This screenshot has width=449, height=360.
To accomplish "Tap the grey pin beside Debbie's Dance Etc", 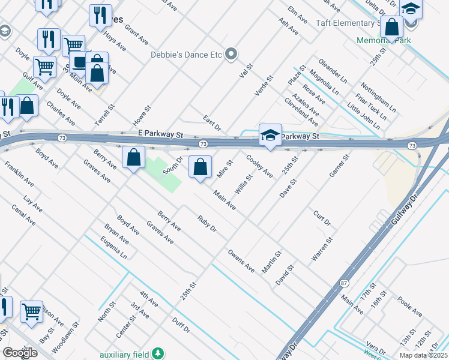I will pyautogui.click(x=231, y=55).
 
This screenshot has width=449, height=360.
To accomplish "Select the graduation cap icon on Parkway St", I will pyautogui.click(x=270, y=135).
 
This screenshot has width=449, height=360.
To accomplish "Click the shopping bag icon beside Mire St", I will pyautogui.click(x=200, y=167).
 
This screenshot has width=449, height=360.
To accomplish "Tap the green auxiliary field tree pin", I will pyautogui.click(x=158, y=353).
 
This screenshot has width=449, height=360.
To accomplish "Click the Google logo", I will pyautogui.click(x=20, y=353).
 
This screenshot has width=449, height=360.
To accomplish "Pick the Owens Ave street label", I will pyautogui.click(x=241, y=261).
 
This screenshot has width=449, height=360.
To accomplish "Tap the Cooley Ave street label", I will pyautogui.click(x=260, y=166).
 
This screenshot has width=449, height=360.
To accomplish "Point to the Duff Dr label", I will pyautogui.click(x=181, y=326).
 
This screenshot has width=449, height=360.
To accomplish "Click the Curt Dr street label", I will pyautogui.click(x=322, y=218).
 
